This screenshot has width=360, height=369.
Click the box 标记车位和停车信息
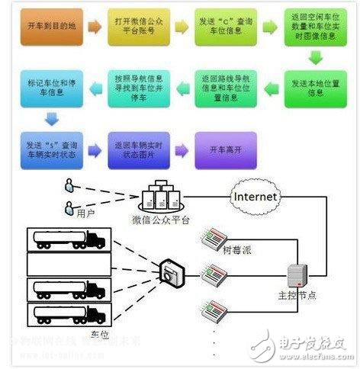coord(47,85)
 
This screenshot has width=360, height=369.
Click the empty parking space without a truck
coord(66,265)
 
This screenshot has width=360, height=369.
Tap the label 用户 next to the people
coord(85,214)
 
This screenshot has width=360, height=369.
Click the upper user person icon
coord(69,185)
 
